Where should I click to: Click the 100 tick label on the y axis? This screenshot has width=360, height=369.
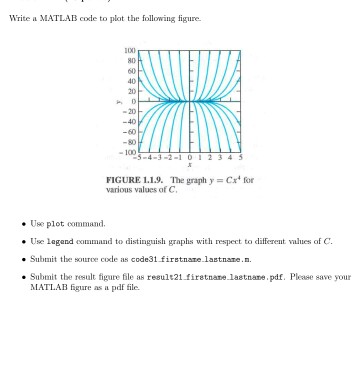point(130,50)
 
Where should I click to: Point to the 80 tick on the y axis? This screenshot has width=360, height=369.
point(131,60)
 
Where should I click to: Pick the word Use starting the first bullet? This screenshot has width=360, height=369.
point(48,214)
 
